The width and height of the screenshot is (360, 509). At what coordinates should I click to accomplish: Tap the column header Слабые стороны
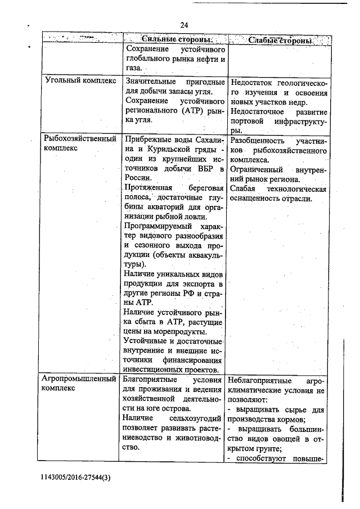point(280,41)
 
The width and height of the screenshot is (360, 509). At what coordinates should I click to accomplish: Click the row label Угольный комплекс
point(80,80)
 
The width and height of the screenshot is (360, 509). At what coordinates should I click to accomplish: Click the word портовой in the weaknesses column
point(250,121)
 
